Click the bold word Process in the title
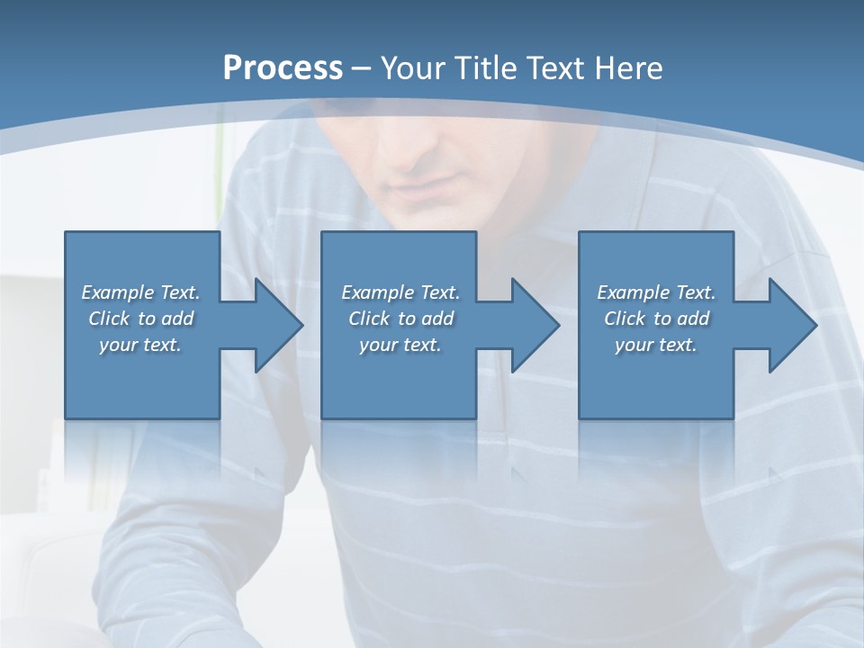tap(283, 68)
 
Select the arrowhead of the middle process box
tap(534, 325)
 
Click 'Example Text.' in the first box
tap(140, 292)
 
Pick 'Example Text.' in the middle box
tap(400, 292)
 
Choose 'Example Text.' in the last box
tap(656, 292)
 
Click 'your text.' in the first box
tap(140, 345)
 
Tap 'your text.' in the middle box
tap(400, 345)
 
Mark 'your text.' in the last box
tap(656, 345)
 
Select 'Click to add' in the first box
tap(140, 319)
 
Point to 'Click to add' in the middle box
tap(400, 319)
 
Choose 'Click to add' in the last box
tap(656, 319)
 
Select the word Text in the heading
tap(555, 68)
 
